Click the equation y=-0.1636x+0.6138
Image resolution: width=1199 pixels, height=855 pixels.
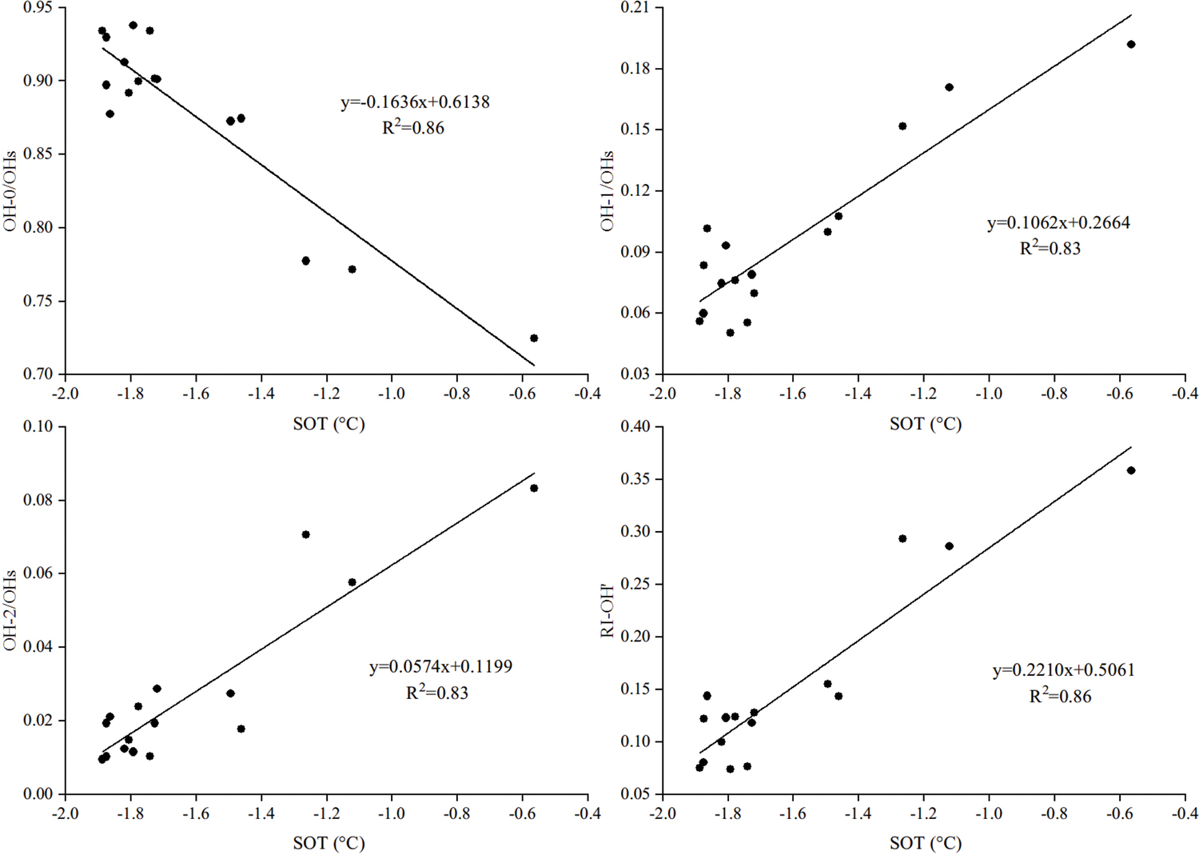(415, 102)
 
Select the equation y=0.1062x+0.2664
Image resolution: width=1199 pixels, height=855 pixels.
(1058, 223)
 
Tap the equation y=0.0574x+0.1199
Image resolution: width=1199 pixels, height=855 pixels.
(440, 667)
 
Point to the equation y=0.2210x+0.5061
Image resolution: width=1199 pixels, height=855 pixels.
(1063, 670)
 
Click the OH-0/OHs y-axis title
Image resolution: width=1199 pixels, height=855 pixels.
(10, 191)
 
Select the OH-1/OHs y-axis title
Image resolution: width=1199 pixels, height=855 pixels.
(607, 191)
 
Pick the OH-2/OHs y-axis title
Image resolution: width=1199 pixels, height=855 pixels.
(10, 610)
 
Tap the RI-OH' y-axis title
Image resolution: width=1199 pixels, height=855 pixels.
(607, 611)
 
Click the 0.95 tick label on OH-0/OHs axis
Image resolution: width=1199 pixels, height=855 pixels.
(38, 8)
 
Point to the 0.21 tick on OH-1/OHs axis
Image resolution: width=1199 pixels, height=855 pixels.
(635, 8)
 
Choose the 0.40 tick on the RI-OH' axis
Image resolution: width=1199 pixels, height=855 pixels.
(635, 427)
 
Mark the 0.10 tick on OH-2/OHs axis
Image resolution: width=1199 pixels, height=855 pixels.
(38, 427)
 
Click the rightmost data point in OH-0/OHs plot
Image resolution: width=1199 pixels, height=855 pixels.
(534, 338)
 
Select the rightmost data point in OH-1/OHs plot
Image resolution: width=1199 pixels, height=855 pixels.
(1131, 45)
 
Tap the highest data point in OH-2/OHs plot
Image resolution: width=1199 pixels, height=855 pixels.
(534, 489)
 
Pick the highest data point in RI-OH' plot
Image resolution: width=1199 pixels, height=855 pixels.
(1131, 471)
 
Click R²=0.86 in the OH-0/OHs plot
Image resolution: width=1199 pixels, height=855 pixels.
(413, 128)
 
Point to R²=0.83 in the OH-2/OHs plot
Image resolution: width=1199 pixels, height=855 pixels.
(437, 693)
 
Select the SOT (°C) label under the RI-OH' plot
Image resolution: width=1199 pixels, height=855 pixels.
(926, 843)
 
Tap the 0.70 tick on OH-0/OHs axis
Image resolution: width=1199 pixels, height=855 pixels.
(38, 374)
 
